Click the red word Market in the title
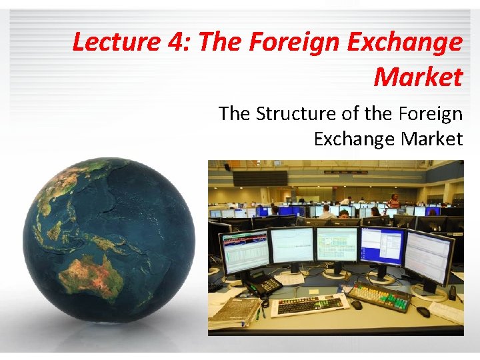coord(417,77)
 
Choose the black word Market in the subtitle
coord(432,139)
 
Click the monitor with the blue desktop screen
coord(381,246)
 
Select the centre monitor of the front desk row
coord(337,244)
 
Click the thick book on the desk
coord(233,311)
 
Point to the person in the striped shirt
coord(394,199)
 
